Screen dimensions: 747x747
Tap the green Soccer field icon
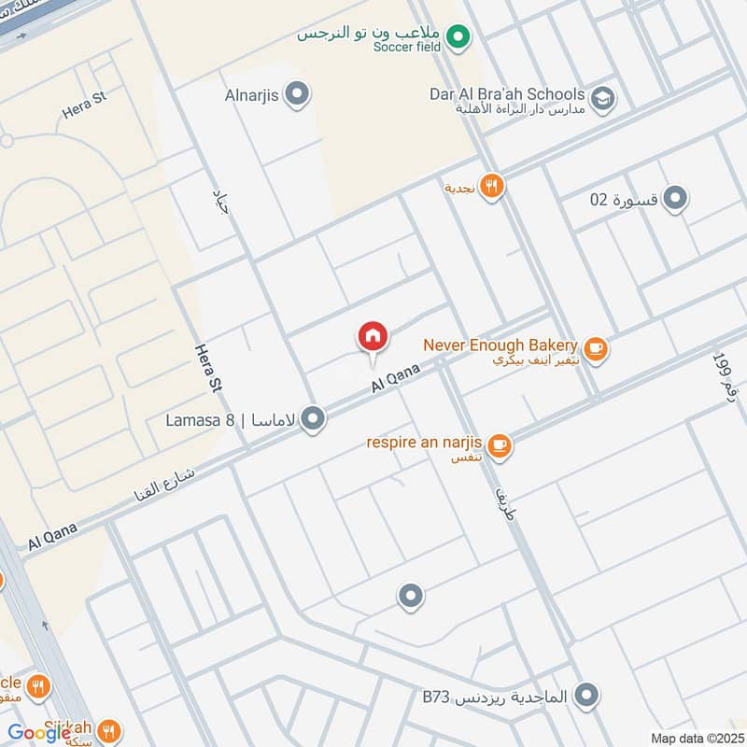pyautogui.click(x=457, y=37)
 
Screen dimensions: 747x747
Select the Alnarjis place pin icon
pyautogui.click(x=298, y=93)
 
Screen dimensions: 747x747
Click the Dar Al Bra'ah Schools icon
pyautogui.click(x=602, y=96)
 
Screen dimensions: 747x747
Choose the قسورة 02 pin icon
pyautogui.click(x=675, y=198)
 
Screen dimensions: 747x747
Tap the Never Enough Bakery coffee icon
pyautogui.click(x=596, y=350)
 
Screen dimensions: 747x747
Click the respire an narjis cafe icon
pyautogui.click(x=500, y=446)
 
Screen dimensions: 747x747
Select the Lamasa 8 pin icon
pyautogui.click(x=315, y=419)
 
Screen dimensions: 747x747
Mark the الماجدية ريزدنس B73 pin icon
pyautogui.click(x=586, y=696)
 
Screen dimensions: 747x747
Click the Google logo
pyautogui.click(x=39, y=733)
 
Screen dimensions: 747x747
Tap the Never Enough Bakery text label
pyautogui.click(x=500, y=345)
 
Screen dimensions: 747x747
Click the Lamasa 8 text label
pyautogui.click(x=200, y=420)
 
